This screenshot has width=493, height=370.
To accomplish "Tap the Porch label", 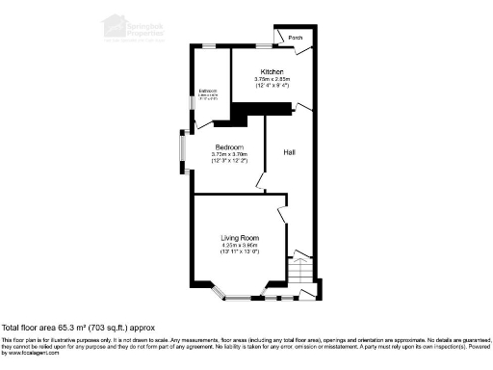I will [x=296, y=39].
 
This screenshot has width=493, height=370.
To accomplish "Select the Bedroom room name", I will [x=230, y=147].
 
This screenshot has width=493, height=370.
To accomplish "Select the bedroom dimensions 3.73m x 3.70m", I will [x=230, y=154].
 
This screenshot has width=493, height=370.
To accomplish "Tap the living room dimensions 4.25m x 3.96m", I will [x=240, y=246].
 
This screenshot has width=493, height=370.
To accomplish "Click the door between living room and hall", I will [x=282, y=214].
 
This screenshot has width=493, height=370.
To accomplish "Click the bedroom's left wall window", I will [x=181, y=154].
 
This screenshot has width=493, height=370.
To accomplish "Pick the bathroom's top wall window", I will [x=209, y=45].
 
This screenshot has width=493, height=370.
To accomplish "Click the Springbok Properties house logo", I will [x=115, y=24].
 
